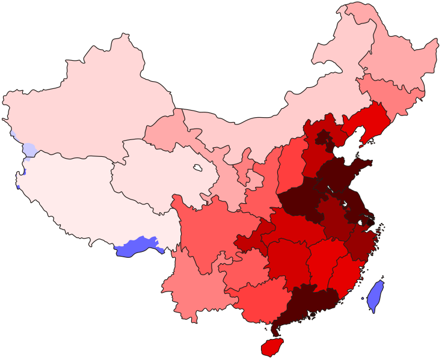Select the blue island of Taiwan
(x=375, y=296)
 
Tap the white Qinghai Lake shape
(x=197, y=168)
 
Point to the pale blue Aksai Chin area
(x=29, y=149)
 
